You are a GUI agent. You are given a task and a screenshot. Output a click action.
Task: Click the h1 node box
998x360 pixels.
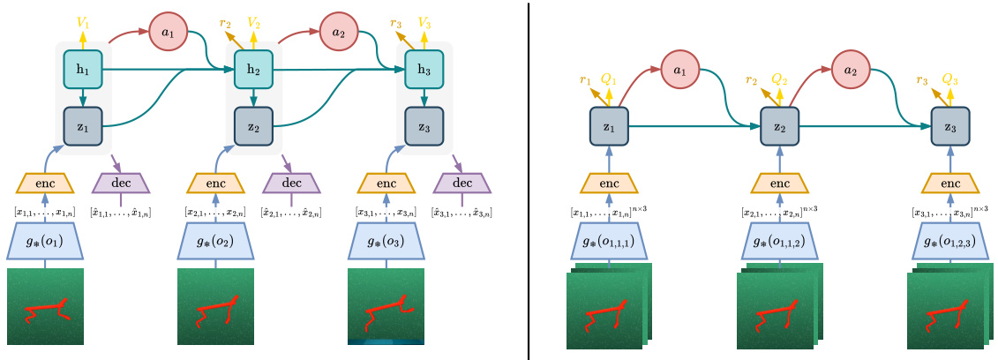83,70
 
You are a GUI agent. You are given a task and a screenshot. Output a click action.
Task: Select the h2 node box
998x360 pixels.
253,70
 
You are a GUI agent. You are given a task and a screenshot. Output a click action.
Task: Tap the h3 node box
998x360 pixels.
424,70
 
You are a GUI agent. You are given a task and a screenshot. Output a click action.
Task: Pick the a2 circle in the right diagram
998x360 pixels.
850,70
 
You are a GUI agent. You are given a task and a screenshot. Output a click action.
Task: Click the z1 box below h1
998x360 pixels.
83,126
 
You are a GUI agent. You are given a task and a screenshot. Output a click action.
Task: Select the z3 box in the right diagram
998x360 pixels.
950,126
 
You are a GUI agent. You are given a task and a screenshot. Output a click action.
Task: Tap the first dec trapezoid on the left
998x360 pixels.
120,183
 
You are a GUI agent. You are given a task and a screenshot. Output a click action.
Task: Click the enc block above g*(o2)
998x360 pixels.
216,183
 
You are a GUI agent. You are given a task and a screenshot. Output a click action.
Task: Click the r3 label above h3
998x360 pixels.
397,24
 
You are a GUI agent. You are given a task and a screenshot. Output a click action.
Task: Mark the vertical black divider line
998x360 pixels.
529,180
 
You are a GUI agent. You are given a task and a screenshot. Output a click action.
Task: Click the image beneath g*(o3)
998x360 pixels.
386,306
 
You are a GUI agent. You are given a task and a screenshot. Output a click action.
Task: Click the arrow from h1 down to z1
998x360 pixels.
83,97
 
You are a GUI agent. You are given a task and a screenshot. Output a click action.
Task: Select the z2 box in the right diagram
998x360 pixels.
779,126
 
